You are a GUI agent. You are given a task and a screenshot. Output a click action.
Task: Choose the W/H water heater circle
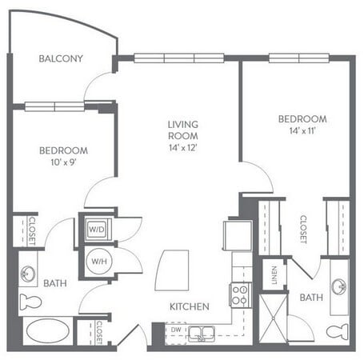(x=96, y=260)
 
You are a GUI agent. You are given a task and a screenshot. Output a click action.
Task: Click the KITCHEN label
(x=189, y=306)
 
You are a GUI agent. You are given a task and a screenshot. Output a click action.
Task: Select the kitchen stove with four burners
(x=241, y=295)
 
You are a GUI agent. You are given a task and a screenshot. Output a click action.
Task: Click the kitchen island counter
(x=173, y=268)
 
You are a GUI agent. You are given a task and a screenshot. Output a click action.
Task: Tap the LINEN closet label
(x=274, y=274)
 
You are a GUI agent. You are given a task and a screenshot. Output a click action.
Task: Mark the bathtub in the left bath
(x=46, y=331)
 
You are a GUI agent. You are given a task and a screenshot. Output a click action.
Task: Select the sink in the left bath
(x=28, y=272)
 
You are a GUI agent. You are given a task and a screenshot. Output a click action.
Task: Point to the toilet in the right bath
(x=336, y=330)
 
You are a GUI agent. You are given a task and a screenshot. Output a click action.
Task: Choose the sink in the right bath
(x=338, y=286)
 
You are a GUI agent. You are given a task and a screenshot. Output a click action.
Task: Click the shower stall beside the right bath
(x=273, y=316)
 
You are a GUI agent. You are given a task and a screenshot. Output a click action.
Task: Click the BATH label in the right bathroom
(x=311, y=298)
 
